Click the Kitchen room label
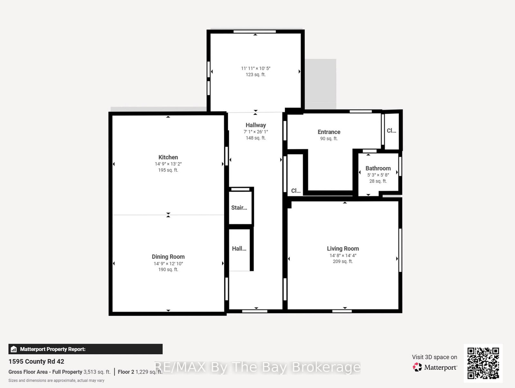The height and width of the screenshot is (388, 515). (168, 157)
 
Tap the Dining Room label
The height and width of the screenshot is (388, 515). (168, 257)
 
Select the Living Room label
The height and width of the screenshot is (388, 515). (343, 248)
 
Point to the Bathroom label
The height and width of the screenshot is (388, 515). (378, 168)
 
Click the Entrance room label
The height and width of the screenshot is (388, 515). (329, 132)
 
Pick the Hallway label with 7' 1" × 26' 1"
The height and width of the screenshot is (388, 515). (256, 125)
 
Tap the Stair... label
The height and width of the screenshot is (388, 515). (239, 208)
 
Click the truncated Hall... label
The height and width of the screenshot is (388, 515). (239, 248)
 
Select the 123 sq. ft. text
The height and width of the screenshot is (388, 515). (256, 75)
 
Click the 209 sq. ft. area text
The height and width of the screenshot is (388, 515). (343, 261)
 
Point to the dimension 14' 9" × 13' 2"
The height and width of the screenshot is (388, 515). (168, 164)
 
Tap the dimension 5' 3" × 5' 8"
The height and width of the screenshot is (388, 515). (378, 175)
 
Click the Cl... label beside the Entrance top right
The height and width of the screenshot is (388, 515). (391, 131)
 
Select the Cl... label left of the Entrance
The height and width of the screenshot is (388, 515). (296, 191)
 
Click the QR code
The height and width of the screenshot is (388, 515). (483, 363)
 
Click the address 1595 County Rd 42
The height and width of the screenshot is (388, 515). (36, 361)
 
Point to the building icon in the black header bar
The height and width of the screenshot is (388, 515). (14, 349)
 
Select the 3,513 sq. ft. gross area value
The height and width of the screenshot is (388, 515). (97, 372)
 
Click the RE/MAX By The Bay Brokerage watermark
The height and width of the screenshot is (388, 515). (257, 367)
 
